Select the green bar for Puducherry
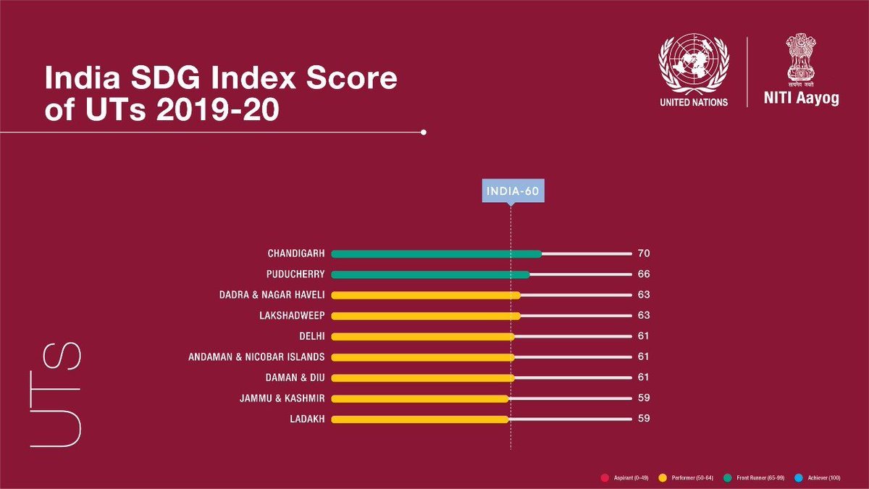[x=430, y=275]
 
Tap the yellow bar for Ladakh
[x=420, y=419]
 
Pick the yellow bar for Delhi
[x=423, y=337]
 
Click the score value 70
[x=643, y=254]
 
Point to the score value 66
[x=643, y=275]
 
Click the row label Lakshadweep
[x=292, y=316]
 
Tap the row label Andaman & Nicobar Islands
[x=266, y=357]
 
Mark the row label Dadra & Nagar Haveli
[x=272, y=296]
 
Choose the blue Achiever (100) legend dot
[x=799, y=477]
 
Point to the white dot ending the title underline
[x=423, y=133]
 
